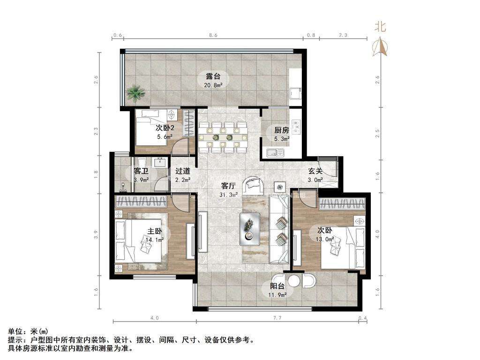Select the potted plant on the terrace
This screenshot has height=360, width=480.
136,93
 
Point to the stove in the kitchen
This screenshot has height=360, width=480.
296,125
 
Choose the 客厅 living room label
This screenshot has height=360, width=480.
228,186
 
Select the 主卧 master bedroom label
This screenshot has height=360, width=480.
155,232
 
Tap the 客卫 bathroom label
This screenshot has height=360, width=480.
141,171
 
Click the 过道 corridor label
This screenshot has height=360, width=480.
182,171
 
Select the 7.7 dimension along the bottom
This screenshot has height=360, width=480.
276,318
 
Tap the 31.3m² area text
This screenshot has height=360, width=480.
229,194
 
